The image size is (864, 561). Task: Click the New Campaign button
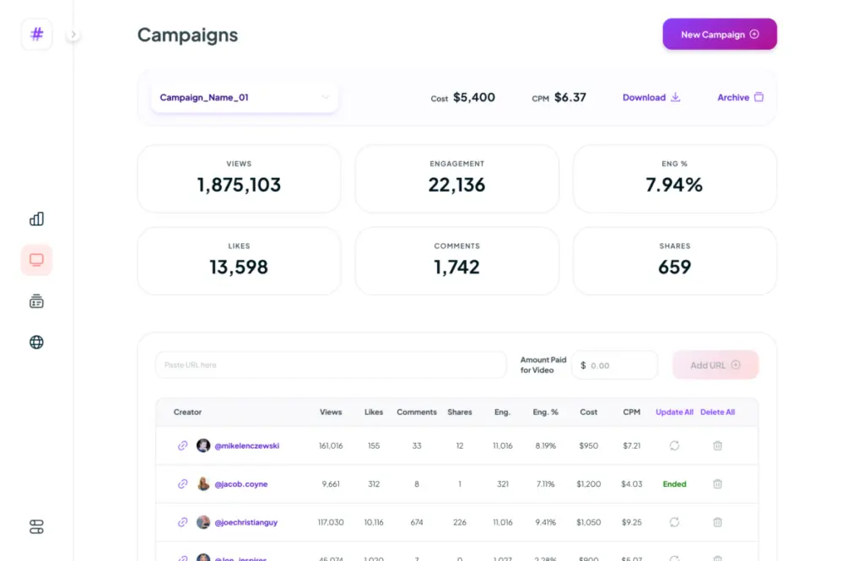[719, 35]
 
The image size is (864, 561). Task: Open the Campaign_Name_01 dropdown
[245, 97]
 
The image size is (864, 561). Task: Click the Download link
[651, 97]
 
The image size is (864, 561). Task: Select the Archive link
[740, 97]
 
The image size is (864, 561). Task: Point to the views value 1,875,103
[239, 185]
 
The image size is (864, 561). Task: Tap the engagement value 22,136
[456, 185]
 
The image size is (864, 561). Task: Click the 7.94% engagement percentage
[674, 185]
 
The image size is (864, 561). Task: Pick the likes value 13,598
[239, 267]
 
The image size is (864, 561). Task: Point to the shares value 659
[674, 267]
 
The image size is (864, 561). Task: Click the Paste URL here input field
[330, 365]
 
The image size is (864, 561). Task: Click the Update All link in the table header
[674, 413]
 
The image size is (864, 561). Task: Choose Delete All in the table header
[717, 413]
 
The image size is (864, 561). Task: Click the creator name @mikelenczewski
[246, 445]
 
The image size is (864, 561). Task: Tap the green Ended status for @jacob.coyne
[674, 484]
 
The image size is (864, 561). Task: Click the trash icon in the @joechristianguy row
[717, 522]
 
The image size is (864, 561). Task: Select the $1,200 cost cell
[588, 484]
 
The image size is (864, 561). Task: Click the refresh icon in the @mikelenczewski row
[674, 445]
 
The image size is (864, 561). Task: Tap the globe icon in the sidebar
[36, 343]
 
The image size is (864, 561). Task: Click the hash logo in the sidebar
[36, 35]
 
